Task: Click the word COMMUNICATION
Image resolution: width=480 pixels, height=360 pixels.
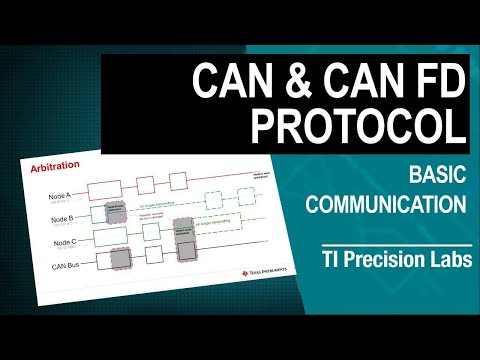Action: click(x=387, y=206)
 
